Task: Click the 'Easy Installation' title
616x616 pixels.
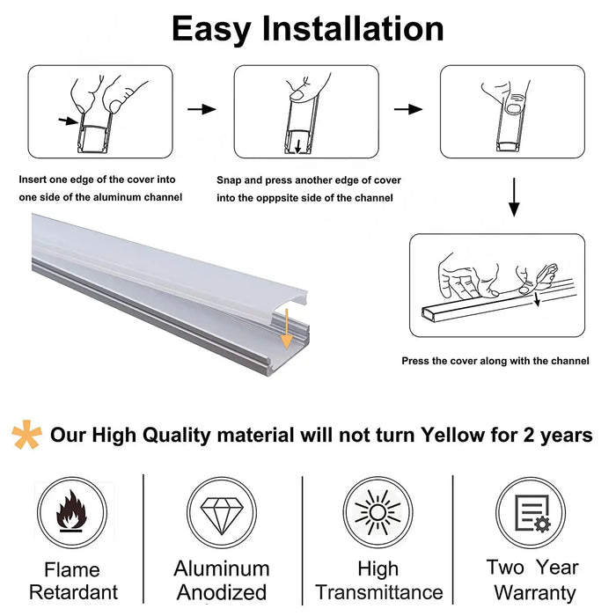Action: click(x=307, y=29)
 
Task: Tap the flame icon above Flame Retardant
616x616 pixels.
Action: click(x=71, y=513)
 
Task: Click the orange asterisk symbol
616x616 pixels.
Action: click(x=26, y=435)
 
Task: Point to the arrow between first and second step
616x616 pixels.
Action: click(x=202, y=109)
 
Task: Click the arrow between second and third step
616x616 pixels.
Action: click(x=407, y=109)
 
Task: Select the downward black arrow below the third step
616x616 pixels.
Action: click(x=514, y=198)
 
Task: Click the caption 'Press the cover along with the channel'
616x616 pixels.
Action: click(x=495, y=361)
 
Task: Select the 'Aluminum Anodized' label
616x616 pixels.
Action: click(x=221, y=581)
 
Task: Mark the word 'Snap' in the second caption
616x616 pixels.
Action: click(x=230, y=180)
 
